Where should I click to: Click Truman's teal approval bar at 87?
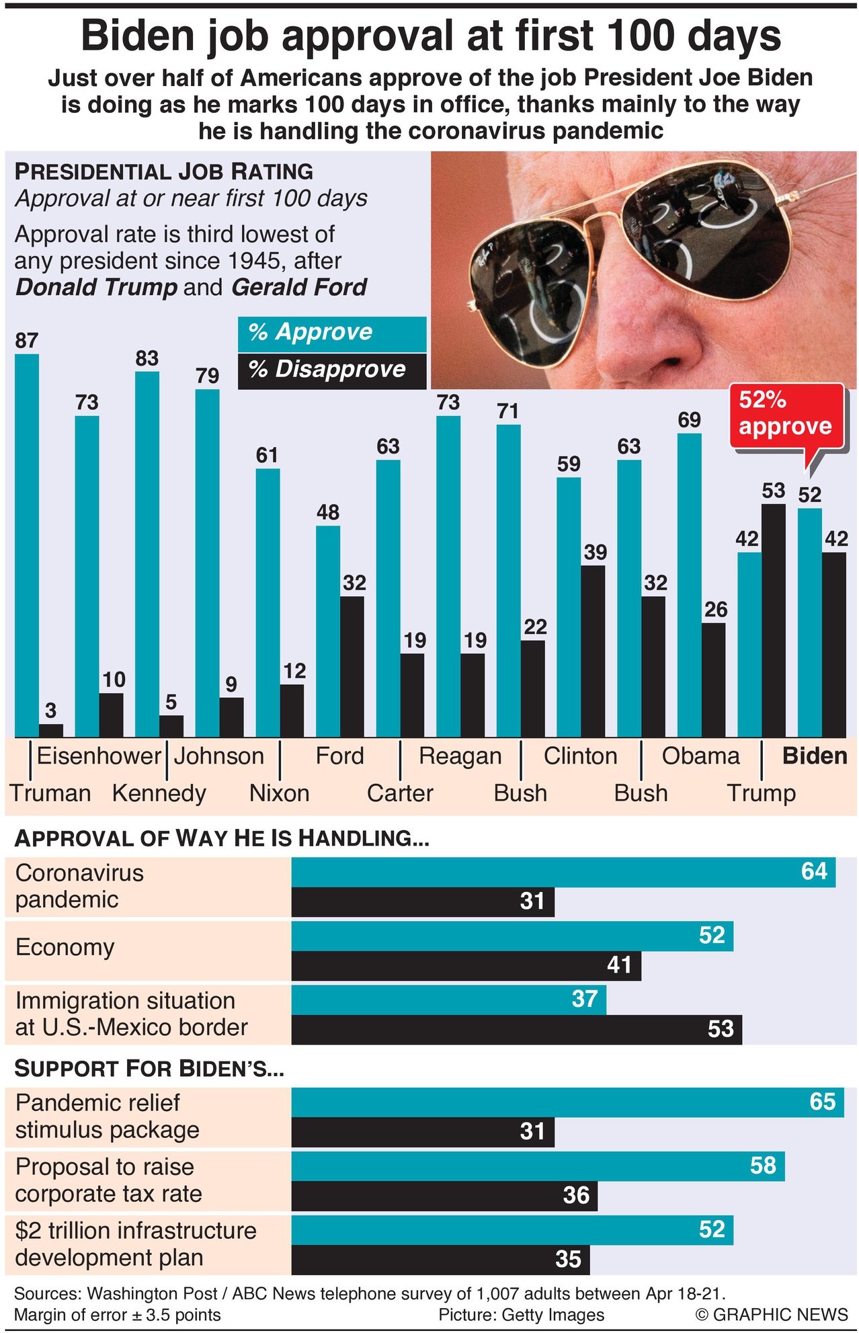[26, 544]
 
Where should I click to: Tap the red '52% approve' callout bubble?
[786, 414]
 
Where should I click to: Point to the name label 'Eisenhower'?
[99, 756]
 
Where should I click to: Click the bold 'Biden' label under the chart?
[815, 756]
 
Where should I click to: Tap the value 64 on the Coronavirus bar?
[814, 872]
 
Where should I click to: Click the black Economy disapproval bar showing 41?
[466, 966]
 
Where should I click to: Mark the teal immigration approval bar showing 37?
[448, 1000]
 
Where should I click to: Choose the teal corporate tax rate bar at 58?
[538, 1166]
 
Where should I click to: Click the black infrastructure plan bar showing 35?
[440, 1260]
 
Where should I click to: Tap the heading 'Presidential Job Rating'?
[163, 171]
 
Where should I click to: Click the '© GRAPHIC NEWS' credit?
[772, 1315]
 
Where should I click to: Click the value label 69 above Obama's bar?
[689, 420]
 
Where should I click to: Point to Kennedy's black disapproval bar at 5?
[171, 726]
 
